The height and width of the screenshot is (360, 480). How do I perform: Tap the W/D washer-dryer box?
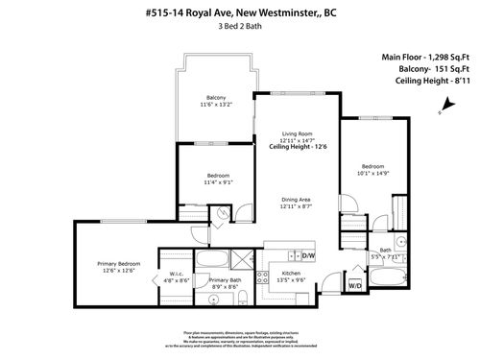click(355, 285)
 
